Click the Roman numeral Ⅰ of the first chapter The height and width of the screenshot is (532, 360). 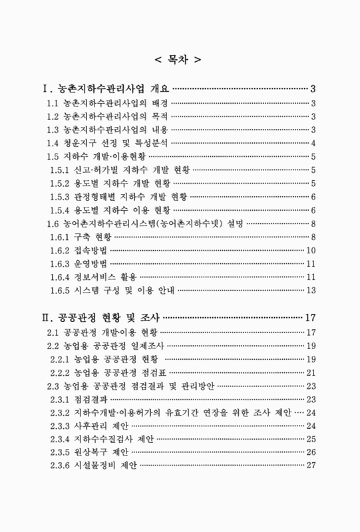(45, 88)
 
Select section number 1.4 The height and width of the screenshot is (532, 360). (53, 143)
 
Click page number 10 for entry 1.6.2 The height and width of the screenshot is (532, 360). (310, 250)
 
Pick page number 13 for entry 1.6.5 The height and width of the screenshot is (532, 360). (310, 290)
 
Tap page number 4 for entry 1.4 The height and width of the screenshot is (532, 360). (313, 143)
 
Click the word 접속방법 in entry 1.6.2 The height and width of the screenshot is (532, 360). (90, 250)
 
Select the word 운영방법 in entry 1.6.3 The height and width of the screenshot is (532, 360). (90, 263)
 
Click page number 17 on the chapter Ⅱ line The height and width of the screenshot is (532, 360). (309, 316)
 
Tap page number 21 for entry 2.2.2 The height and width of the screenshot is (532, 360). (310, 372)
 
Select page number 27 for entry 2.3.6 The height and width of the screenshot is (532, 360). (310, 465)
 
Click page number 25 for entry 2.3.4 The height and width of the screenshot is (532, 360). (310, 439)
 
